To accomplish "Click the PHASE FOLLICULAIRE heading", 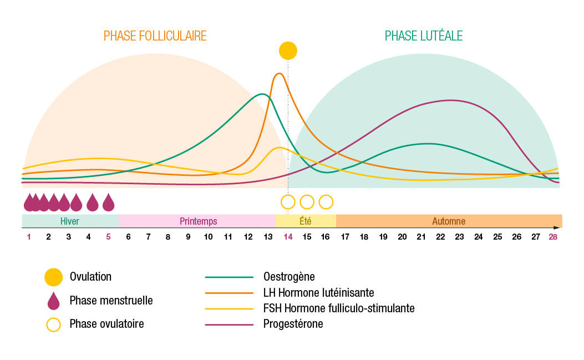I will point(155,36).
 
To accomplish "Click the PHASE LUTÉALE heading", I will point(424,36).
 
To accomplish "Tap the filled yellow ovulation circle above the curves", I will point(288,50).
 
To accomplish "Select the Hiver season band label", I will point(70,221).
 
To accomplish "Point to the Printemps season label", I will point(198,221).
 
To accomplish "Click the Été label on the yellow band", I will point(305,221).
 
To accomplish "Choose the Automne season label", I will point(449,221).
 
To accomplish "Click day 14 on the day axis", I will point(288,237).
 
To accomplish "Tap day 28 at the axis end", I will point(553,237).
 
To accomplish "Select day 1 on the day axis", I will point(29,237).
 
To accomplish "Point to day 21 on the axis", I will point(421,237).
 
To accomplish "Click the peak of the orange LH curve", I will point(280,74).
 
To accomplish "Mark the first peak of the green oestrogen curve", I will point(262,94).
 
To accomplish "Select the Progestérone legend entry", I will point(293,324).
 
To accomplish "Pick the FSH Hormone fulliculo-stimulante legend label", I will point(338,308).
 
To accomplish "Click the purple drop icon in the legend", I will point(53,301).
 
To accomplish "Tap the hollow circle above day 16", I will point(326,201).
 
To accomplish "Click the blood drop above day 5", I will point(108,202).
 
